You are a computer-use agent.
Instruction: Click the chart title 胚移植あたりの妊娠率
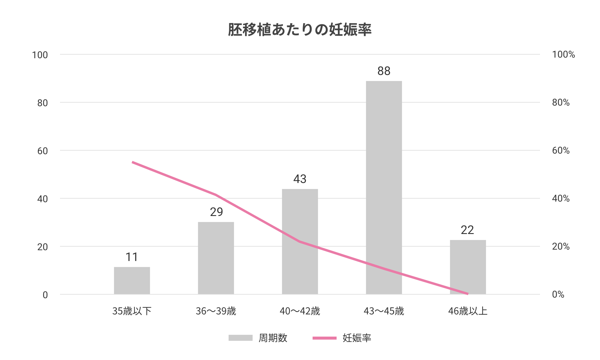coord(300,30)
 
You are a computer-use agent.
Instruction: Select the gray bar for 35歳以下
coord(132,280)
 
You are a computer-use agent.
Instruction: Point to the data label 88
coord(384,71)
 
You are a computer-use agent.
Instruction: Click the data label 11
coord(132,257)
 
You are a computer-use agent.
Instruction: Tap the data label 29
coord(216,212)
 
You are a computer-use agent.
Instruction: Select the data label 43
coord(300,179)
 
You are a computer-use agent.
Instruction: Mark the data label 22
coord(467,230)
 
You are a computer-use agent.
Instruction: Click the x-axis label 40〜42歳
coord(300,311)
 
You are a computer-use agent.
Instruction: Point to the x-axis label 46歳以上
coord(468,311)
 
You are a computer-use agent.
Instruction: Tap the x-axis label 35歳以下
coord(132,311)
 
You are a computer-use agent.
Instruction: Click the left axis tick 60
coord(43,151)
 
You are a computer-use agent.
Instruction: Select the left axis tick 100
coord(40,55)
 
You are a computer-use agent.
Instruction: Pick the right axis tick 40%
coord(561,198)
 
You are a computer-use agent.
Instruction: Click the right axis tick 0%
coord(558,295)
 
